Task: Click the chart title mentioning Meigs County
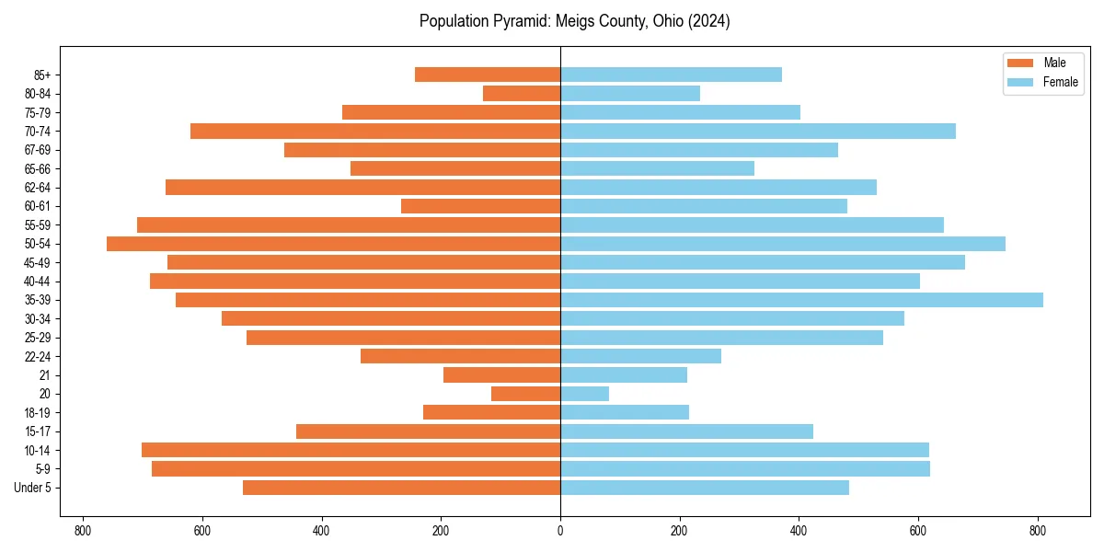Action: [x=574, y=21]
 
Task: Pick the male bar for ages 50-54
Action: [x=333, y=244]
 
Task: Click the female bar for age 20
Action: [x=584, y=394]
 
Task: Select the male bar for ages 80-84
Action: [x=522, y=93]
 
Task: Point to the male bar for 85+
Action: [x=488, y=75]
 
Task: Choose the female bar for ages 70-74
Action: [x=758, y=131]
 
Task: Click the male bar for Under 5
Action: [x=401, y=488]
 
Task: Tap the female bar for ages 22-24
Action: [x=640, y=356]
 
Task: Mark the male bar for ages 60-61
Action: [x=480, y=206]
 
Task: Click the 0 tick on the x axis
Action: [x=560, y=531]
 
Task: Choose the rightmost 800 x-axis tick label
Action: [x=1037, y=531]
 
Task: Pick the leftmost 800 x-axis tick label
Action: [x=83, y=531]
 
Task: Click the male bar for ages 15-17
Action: [x=428, y=431]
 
